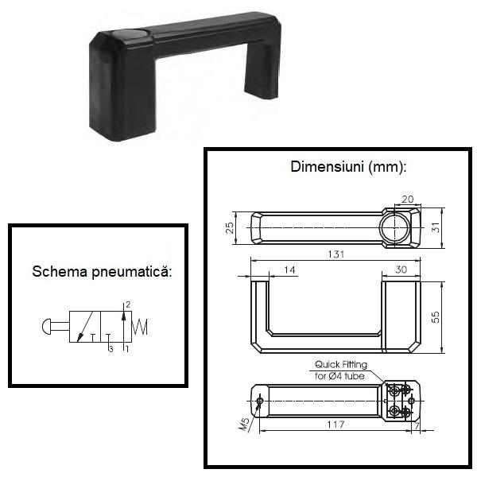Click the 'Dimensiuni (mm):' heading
(x=348, y=167)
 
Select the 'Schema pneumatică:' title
(x=102, y=271)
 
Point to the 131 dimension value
(x=335, y=254)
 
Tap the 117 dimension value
(x=335, y=425)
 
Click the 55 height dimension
(x=436, y=317)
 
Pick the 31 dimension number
(x=436, y=227)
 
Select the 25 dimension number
(x=230, y=228)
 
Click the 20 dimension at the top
(x=408, y=200)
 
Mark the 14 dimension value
(x=289, y=270)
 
